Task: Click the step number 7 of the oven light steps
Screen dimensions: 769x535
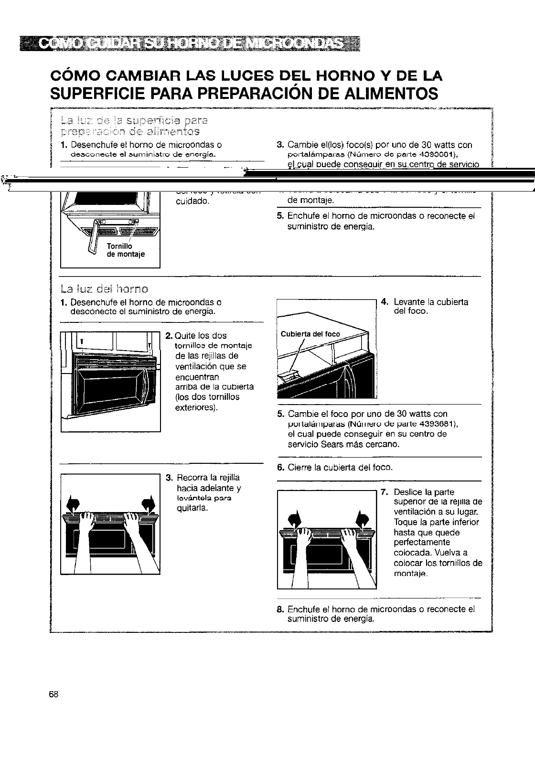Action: point(384,492)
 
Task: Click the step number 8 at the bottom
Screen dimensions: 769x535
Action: point(280,609)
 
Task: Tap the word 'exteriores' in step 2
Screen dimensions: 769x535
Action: point(195,407)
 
